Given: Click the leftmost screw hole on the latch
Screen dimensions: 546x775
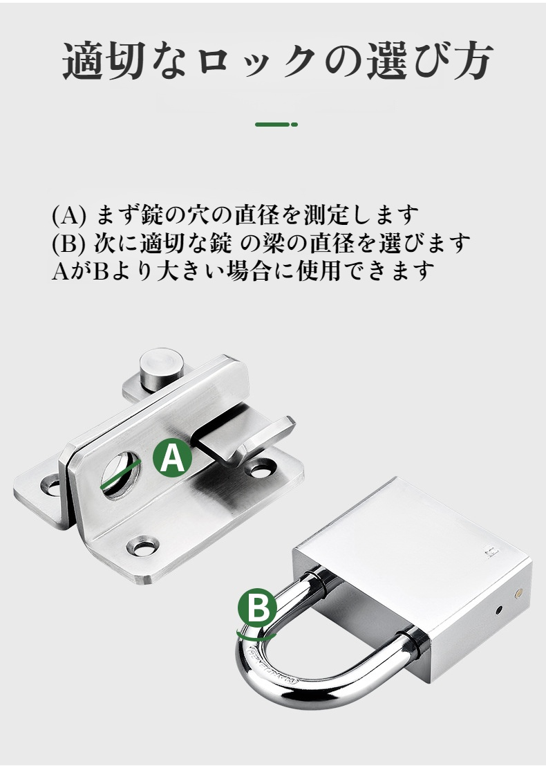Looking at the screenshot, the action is pos(51,486).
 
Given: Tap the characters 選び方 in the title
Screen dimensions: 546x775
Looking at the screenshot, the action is pos(430,62).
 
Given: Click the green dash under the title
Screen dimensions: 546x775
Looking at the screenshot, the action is pos(276,124).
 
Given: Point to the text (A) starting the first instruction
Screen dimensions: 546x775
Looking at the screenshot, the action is pos(69,215).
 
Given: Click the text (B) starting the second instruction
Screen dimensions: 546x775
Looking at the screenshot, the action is pos(68,243).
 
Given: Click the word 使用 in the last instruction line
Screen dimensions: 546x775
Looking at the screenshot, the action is pos(319,271).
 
